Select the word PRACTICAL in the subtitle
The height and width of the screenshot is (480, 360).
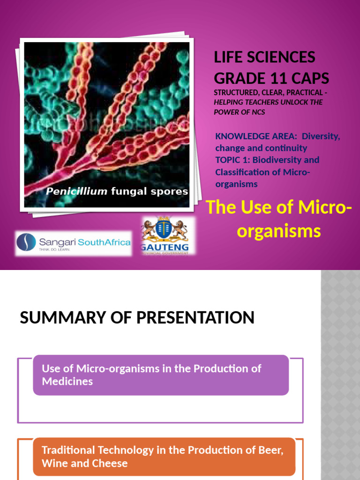pyautogui.click(x=303, y=92)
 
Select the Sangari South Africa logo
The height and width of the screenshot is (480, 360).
pyautogui.click(x=73, y=243)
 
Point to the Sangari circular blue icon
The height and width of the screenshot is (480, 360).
pyautogui.click(x=26, y=242)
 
